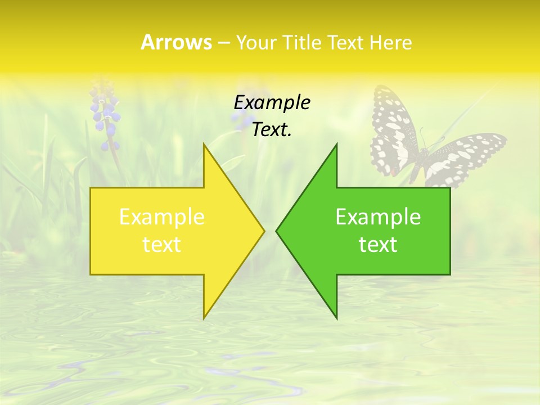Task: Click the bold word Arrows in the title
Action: [175, 42]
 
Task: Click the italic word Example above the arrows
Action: [272, 102]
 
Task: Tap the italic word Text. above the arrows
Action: [272, 129]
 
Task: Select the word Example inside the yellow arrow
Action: [161, 217]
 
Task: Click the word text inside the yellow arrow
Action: [161, 244]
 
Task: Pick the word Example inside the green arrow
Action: [378, 217]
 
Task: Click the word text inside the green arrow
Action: [378, 244]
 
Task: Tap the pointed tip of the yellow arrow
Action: [263, 231]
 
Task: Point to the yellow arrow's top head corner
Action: [204, 145]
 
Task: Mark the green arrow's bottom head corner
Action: [336, 318]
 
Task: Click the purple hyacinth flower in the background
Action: [106, 115]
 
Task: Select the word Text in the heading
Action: [346, 43]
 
